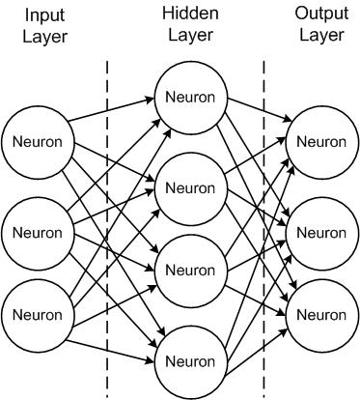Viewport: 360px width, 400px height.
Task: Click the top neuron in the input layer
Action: pos(37,142)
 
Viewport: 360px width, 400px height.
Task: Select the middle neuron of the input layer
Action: pos(37,232)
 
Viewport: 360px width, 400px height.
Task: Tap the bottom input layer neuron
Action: pos(37,315)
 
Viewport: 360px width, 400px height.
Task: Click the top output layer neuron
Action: pos(320,142)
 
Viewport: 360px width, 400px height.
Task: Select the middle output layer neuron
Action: pos(320,232)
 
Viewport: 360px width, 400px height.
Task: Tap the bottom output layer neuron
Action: pos(320,315)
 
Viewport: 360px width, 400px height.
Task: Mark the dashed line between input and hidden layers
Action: pos(106,222)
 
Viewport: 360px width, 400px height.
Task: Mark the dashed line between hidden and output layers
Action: pos(263,222)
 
